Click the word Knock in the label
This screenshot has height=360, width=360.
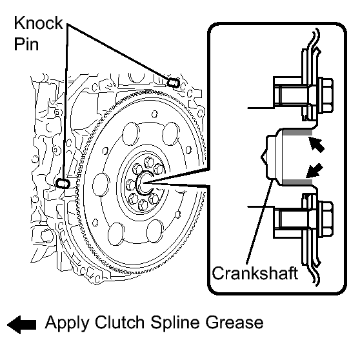[x=38, y=23]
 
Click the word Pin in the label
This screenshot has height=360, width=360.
[x=26, y=44]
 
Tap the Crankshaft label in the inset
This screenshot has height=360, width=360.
[x=255, y=273]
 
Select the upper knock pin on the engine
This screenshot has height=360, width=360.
[x=173, y=83]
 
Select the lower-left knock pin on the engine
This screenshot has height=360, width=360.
[x=63, y=183]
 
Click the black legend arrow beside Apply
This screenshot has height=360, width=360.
[x=21, y=325]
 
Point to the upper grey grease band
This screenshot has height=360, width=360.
[x=297, y=132]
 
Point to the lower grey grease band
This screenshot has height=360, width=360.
[x=297, y=183]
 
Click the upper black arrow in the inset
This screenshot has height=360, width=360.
[x=316, y=145]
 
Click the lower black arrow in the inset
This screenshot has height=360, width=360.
[x=315, y=171]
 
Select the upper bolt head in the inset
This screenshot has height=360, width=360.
[x=325, y=95]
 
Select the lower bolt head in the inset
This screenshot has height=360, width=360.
[x=325, y=219]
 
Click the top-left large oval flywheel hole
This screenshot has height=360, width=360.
[x=131, y=134]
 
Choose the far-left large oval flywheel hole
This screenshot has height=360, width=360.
[x=101, y=185]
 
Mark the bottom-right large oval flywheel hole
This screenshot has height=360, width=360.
[x=154, y=231]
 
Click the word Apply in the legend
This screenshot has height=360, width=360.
[x=67, y=324]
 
